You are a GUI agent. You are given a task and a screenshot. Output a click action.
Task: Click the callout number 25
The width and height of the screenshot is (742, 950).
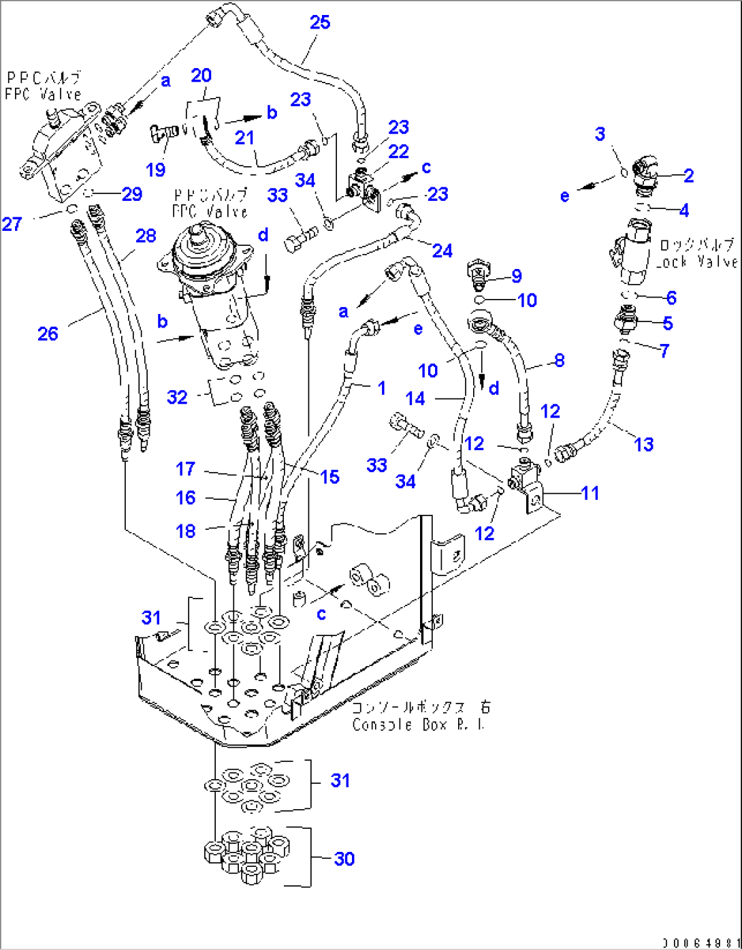319,22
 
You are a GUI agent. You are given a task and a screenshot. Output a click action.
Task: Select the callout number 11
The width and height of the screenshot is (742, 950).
590,492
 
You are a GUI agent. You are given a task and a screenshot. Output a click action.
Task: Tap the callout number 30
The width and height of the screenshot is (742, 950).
344,859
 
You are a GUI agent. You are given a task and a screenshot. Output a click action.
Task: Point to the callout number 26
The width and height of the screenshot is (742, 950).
48,333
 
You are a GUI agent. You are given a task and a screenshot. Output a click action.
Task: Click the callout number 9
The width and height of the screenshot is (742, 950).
516,276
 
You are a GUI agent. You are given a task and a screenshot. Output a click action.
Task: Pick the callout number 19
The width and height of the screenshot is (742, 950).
155,170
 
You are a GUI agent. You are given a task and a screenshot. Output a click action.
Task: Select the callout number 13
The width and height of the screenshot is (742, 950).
643,444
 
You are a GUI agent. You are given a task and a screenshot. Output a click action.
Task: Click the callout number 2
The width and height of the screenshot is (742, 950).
688,176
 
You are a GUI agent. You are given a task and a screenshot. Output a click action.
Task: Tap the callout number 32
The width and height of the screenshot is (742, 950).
177,396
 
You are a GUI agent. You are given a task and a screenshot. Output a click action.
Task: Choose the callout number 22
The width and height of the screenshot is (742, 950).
398,151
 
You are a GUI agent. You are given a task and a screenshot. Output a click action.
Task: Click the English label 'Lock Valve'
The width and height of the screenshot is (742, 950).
696,262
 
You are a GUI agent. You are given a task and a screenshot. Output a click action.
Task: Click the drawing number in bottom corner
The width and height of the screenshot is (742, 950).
699,943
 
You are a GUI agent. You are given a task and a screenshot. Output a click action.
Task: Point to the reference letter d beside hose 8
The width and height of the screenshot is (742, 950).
494,389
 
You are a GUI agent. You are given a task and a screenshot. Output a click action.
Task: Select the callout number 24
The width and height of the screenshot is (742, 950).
442,251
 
